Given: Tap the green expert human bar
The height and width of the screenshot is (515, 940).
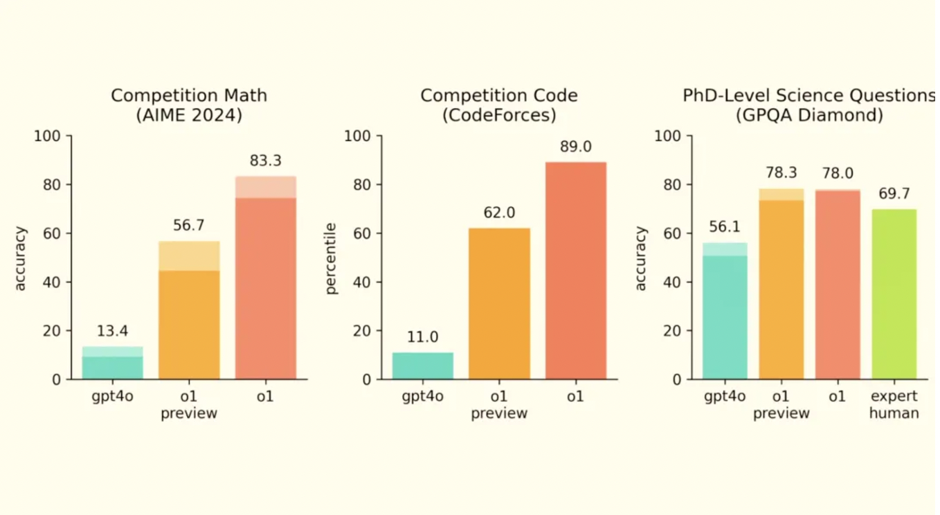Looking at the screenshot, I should pos(894,295).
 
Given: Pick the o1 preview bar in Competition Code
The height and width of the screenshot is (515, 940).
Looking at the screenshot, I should pos(499,305).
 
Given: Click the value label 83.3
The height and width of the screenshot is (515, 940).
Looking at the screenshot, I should pos(265,161).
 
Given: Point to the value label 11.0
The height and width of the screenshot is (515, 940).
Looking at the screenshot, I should pos(422,338).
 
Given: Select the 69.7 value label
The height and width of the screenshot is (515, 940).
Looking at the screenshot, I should pos(894,194).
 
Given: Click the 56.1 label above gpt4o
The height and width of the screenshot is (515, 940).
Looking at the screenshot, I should pos(725,227).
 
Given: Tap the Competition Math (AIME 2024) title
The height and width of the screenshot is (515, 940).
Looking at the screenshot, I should pos(189,105).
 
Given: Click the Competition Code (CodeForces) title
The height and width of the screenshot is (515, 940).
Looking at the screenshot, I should pos(499,105).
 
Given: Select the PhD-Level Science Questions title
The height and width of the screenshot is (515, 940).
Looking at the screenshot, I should pos(809,105).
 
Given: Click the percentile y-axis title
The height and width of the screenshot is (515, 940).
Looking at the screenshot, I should pos(332,258).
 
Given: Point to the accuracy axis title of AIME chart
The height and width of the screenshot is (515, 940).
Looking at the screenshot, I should pos(21,258).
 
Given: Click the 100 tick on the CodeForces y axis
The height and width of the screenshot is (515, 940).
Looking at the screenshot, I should pos(358,136).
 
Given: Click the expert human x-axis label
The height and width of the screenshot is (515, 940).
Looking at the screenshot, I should pos(894,405).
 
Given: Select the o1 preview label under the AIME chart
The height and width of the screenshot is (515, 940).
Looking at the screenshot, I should pos(189,405).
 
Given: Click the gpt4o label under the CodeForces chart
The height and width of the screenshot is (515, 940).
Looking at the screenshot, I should pos(422,397).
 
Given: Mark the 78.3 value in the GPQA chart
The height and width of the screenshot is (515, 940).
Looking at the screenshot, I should pos(781,173).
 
